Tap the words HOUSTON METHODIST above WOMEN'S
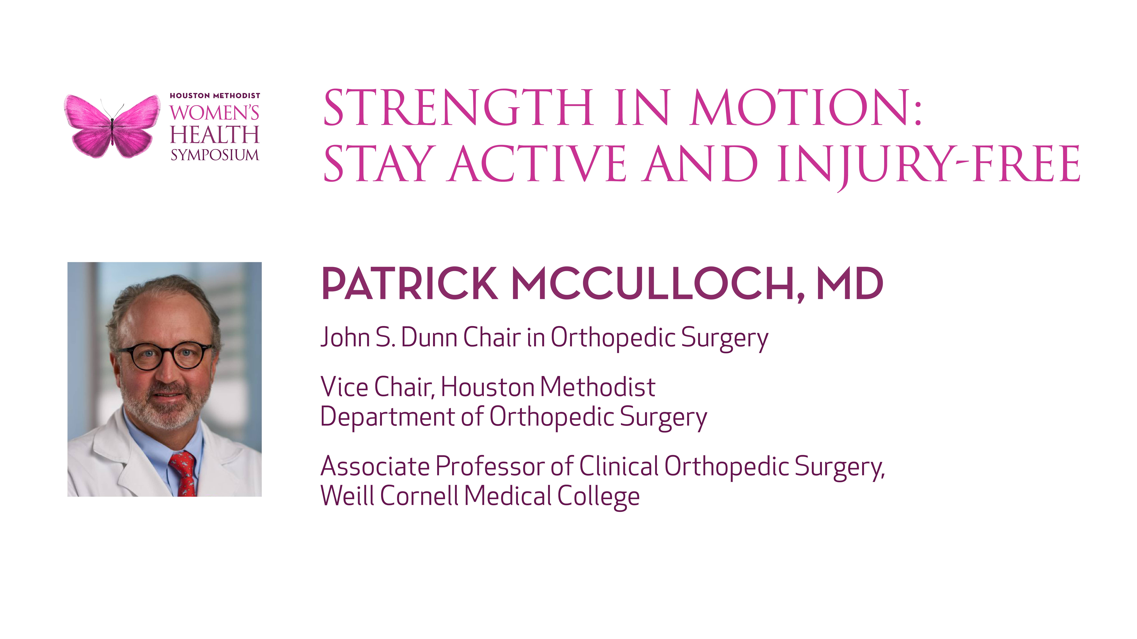click(x=215, y=96)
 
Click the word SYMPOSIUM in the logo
click(x=215, y=155)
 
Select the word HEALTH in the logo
click(x=215, y=134)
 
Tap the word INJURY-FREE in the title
click(x=929, y=165)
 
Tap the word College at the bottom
click(x=598, y=497)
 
